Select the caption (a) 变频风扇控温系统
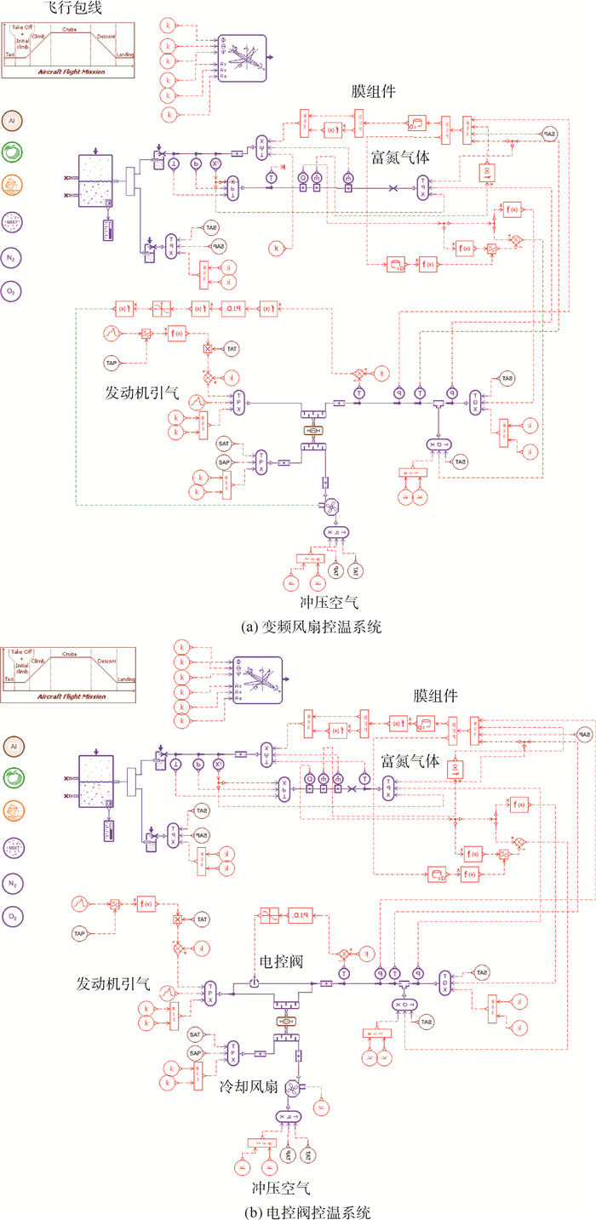(299, 627)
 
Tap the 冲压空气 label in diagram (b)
(281, 1186)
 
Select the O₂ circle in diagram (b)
(13, 916)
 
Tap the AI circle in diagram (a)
(13, 121)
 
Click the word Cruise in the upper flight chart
(69, 30)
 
